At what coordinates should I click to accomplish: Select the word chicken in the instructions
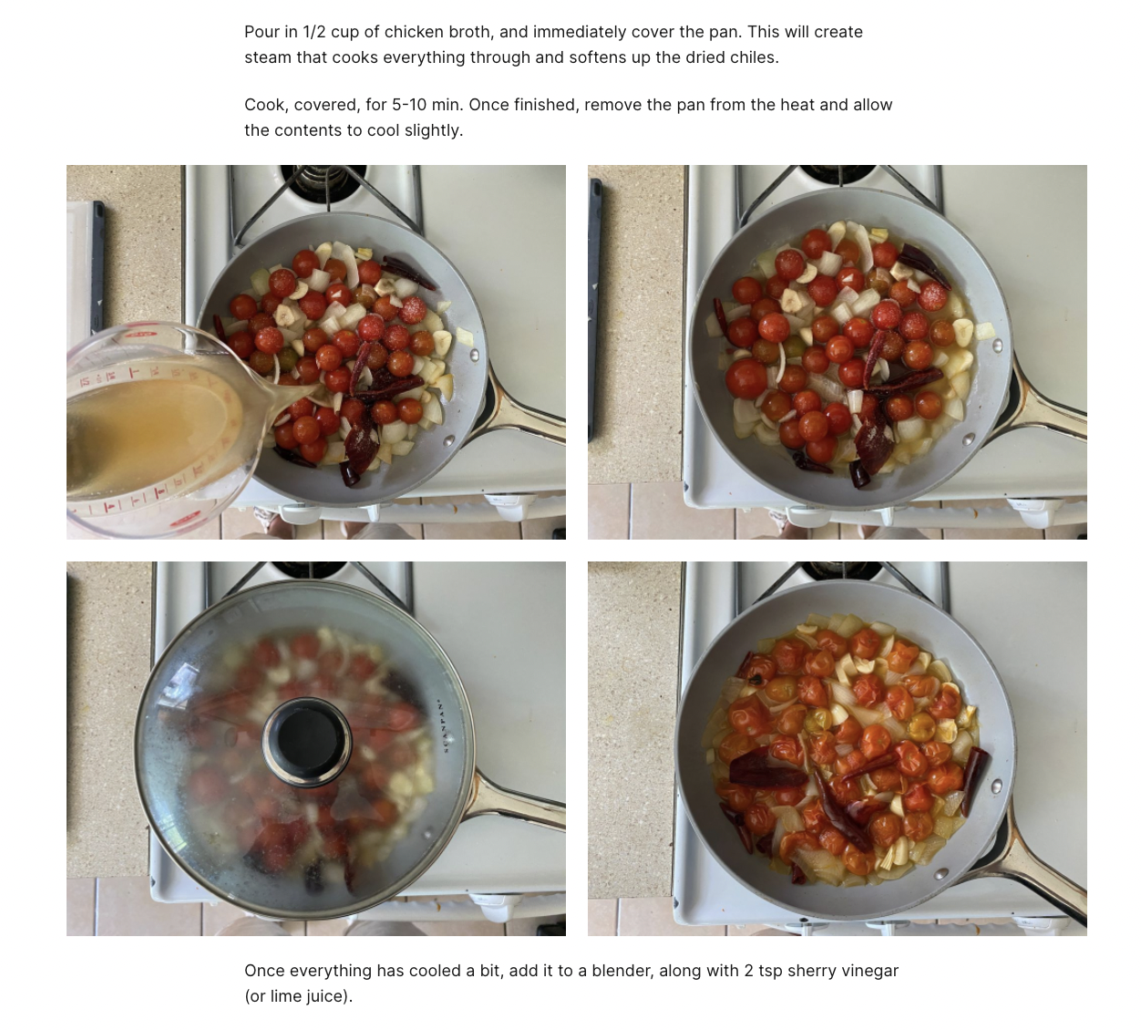(x=415, y=32)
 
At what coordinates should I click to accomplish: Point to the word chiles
(x=753, y=57)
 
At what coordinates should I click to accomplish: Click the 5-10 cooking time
(x=408, y=105)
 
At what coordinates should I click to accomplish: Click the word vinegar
(x=869, y=971)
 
